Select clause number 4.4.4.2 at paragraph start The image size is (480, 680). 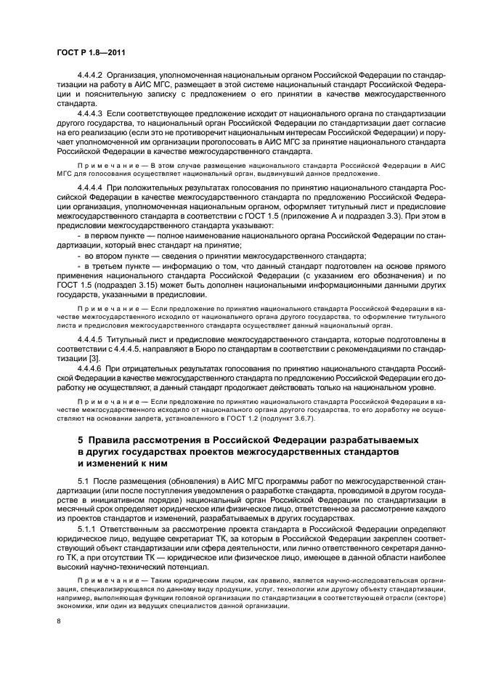coord(91,75)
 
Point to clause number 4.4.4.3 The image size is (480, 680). coord(91,113)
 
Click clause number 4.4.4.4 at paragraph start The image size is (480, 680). coord(91,187)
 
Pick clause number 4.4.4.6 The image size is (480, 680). coord(91,369)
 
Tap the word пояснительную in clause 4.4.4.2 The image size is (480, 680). coord(97,94)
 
